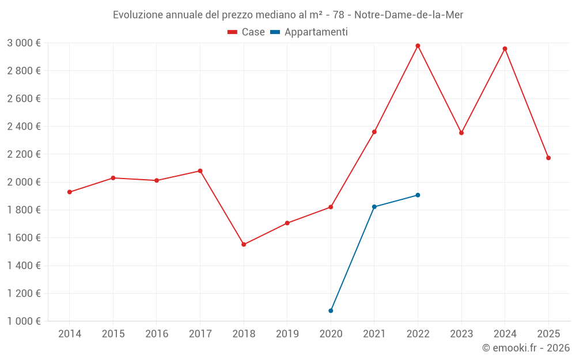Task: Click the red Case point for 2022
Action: pyautogui.click(x=418, y=46)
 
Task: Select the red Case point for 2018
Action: pyautogui.click(x=244, y=244)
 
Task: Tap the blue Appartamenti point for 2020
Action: pyautogui.click(x=331, y=310)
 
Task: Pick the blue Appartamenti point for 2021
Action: pyautogui.click(x=374, y=207)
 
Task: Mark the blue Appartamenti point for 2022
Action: pyautogui.click(x=418, y=195)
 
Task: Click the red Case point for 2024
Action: pyautogui.click(x=505, y=48)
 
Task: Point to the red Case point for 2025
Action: pyautogui.click(x=548, y=158)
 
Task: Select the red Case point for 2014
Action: pyautogui.click(x=70, y=192)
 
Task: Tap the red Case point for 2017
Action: pyautogui.click(x=200, y=170)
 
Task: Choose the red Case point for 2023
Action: pyautogui.click(x=461, y=132)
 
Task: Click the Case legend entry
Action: pyautogui.click(x=247, y=32)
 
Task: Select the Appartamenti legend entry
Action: pyautogui.click(x=309, y=32)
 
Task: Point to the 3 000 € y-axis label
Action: pyautogui.click(x=24, y=43)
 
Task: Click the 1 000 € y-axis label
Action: pyautogui.click(x=24, y=321)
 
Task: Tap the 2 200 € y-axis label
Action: pyautogui.click(x=24, y=154)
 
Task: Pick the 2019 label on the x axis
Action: pyautogui.click(x=287, y=334)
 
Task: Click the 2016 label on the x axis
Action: pyautogui.click(x=157, y=334)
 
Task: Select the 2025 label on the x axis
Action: pyautogui.click(x=548, y=334)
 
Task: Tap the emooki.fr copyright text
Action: pyautogui.click(x=526, y=348)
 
